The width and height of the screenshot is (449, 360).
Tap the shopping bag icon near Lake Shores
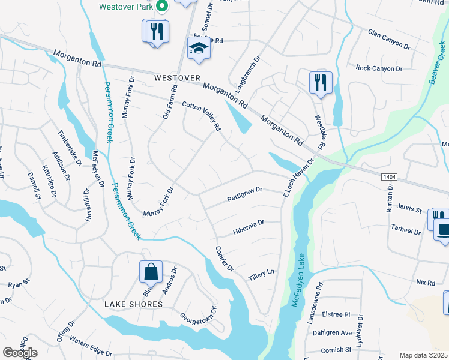pyautogui.click(x=151, y=272)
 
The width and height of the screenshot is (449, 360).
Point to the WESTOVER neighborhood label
pyautogui.click(x=176, y=78)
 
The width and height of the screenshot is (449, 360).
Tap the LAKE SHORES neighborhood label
pyautogui.click(x=133, y=304)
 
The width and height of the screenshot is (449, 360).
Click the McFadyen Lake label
pyautogui.click(x=298, y=280)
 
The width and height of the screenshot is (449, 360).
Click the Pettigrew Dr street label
pyautogui.click(x=245, y=194)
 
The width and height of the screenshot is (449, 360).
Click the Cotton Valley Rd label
pyautogui.click(x=202, y=115)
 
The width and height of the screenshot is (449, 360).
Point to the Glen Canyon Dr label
pyautogui.click(x=388, y=39)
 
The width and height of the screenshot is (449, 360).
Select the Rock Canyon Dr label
pyautogui.click(x=379, y=68)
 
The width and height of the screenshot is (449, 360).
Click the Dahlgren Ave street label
pyautogui.click(x=330, y=332)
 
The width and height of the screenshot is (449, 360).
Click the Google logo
pyautogui.click(x=20, y=352)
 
